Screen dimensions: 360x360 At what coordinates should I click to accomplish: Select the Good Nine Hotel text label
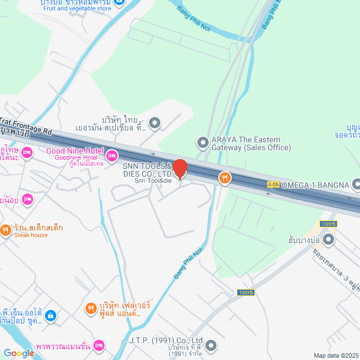(x=75, y=151)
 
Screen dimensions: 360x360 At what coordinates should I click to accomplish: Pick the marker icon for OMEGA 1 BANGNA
(x=356, y=184)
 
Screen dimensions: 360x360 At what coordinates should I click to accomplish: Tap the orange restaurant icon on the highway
(x=224, y=178)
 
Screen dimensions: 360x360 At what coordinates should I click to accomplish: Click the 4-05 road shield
(x=273, y=184)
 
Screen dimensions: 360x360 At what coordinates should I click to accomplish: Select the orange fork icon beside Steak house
(x=6, y=229)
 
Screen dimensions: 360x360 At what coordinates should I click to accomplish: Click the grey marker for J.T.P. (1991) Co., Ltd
(x=211, y=345)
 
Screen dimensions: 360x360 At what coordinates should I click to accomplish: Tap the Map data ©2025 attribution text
(x=336, y=355)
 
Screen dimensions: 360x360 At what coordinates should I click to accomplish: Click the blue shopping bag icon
(x=50, y=316)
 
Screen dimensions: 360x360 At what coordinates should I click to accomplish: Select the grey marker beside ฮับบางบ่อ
(x=329, y=240)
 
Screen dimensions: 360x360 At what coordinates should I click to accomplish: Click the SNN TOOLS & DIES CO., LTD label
(x=147, y=170)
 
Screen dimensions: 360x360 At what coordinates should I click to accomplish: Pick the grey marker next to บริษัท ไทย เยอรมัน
(x=155, y=123)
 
